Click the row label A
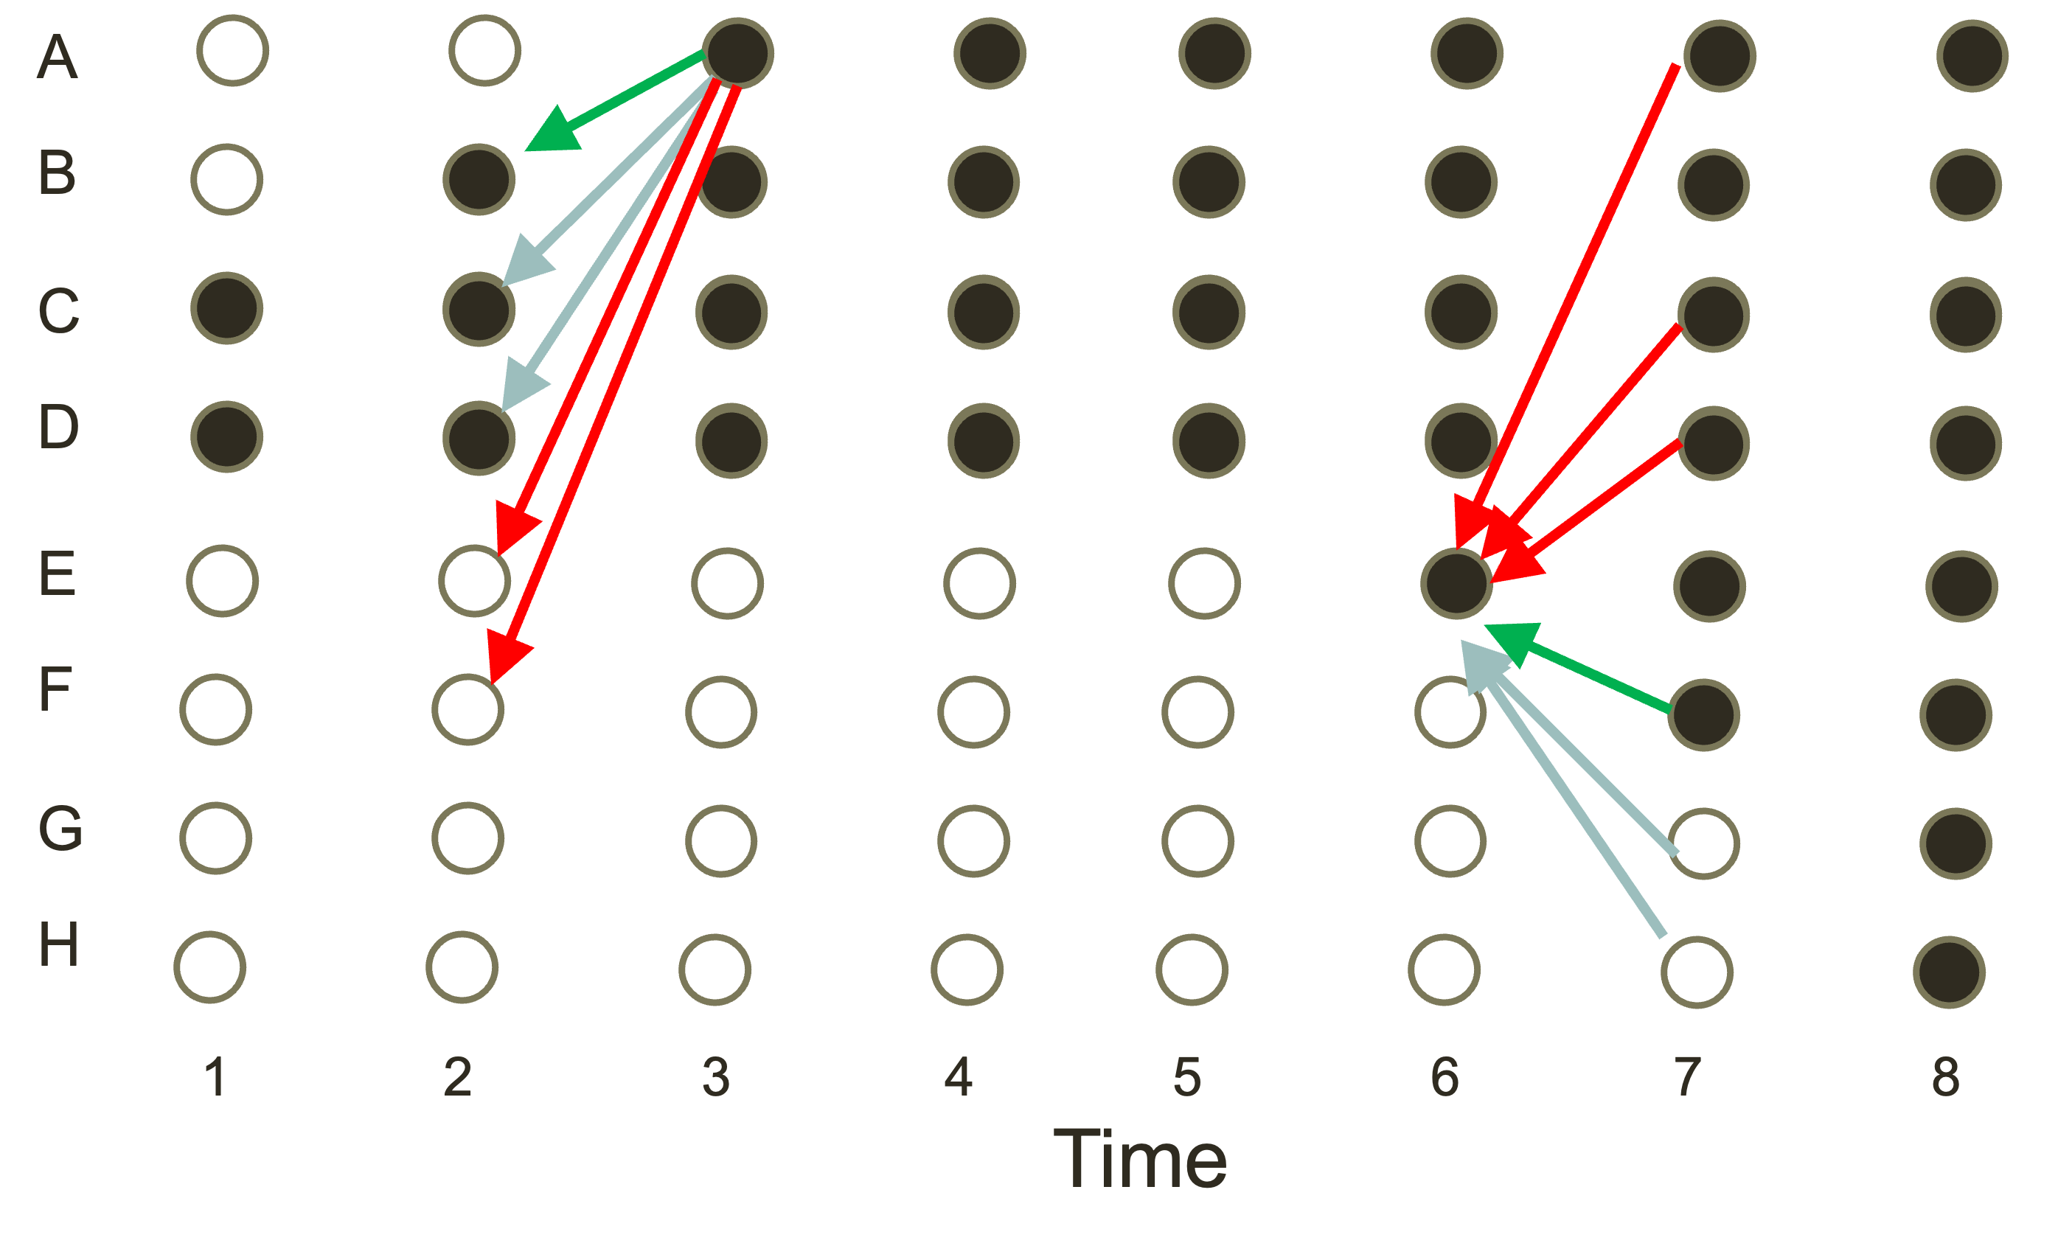click(x=57, y=57)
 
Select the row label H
click(x=58, y=944)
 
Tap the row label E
click(x=58, y=574)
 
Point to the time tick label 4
click(x=958, y=1077)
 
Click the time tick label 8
click(x=1945, y=1077)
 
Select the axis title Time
click(x=1140, y=1159)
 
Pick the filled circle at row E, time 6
click(x=1456, y=582)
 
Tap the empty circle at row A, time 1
click(x=233, y=50)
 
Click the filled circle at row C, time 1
click(x=226, y=308)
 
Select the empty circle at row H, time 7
click(x=1697, y=972)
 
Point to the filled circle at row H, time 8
click(x=1950, y=972)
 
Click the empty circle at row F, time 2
click(x=467, y=710)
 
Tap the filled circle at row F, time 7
click(x=1704, y=715)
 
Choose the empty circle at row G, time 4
click(x=974, y=841)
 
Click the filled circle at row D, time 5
click(x=1209, y=441)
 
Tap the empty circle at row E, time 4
click(x=980, y=583)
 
